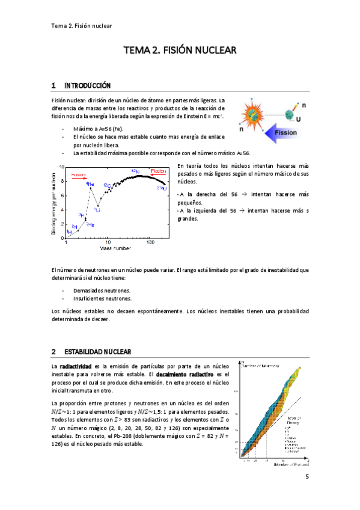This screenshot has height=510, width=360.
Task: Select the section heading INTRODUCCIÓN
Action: coord(88,85)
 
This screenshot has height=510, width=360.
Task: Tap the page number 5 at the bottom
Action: coord(307,477)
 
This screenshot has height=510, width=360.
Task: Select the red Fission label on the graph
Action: coord(157,170)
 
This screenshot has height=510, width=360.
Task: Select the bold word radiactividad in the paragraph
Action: coord(75,366)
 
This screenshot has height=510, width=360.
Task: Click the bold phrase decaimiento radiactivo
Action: coord(181,373)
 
